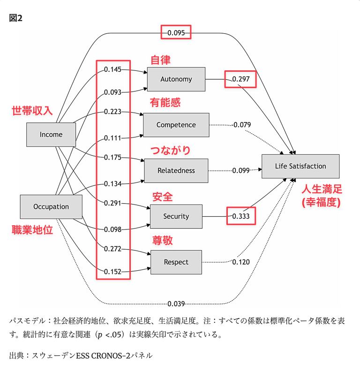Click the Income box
point(51,135)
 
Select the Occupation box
point(51,207)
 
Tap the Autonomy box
point(176,79)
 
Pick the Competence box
point(176,125)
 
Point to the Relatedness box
point(176,171)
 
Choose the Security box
point(176,216)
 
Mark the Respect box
point(176,262)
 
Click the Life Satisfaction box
point(300,166)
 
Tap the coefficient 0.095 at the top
point(176,33)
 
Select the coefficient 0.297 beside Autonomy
point(241,79)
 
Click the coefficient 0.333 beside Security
point(241,216)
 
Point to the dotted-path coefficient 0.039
point(176,304)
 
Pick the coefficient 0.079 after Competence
point(242,125)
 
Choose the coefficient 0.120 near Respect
point(241,262)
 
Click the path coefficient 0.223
point(112,112)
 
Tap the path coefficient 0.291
point(112,203)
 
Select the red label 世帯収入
point(32,110)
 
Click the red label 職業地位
point(32,229)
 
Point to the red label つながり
point(171,150)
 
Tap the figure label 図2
point(15,18)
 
